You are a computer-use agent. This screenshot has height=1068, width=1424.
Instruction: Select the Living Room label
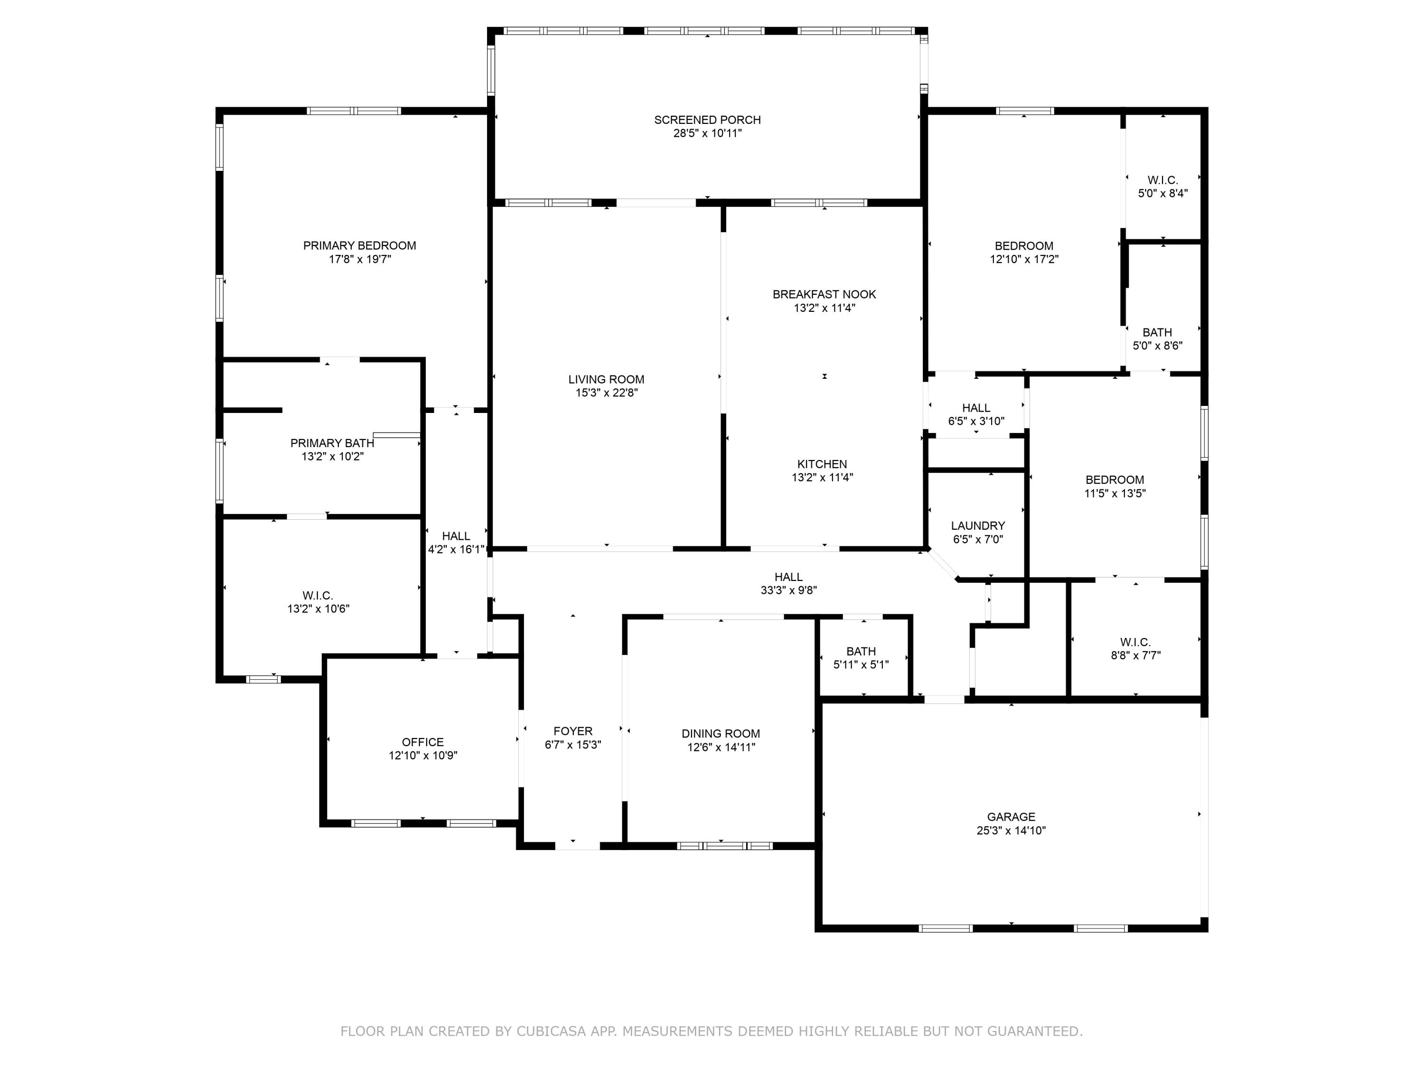(x=606, y=380)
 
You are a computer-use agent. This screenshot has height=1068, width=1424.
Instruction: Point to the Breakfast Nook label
(x=824, y=294)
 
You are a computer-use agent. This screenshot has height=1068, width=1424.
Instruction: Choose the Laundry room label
(x=977, y=526)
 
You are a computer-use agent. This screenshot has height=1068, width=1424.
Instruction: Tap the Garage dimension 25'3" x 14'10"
(x=1011, y=831)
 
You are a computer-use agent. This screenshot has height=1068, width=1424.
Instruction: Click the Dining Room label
(x=721, y=734)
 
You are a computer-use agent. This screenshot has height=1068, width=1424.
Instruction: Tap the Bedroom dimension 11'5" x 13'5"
(x=1115, y=494)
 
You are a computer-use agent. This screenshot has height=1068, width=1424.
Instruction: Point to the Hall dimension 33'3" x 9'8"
(x=788, y=590)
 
